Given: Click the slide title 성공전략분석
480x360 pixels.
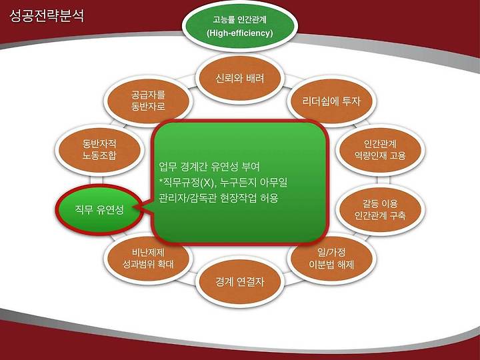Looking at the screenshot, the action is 47,16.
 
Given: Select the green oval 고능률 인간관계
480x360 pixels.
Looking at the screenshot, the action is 240,26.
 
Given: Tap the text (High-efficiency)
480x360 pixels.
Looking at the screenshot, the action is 240,33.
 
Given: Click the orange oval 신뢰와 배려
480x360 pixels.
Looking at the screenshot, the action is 240,79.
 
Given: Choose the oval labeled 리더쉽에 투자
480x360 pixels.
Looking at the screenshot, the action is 331,101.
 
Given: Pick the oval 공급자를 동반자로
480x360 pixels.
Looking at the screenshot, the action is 148,101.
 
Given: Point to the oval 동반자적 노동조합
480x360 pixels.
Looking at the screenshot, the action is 99,150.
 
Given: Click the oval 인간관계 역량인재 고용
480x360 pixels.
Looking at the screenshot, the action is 380,150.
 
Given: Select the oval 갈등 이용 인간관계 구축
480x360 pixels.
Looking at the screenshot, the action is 380,210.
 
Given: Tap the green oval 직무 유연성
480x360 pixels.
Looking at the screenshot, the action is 99,210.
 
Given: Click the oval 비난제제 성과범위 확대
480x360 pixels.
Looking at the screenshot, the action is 148,258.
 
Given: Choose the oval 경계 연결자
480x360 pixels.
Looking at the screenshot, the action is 240,281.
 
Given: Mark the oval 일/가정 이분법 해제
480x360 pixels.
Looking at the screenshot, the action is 331,258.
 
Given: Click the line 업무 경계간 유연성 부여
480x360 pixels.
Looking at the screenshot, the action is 209,167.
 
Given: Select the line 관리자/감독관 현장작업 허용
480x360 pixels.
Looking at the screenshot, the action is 219,198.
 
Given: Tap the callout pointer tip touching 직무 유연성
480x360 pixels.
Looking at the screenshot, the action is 134,208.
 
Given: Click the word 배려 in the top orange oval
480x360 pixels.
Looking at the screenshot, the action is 255,79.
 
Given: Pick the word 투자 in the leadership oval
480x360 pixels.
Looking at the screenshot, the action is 351,101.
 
